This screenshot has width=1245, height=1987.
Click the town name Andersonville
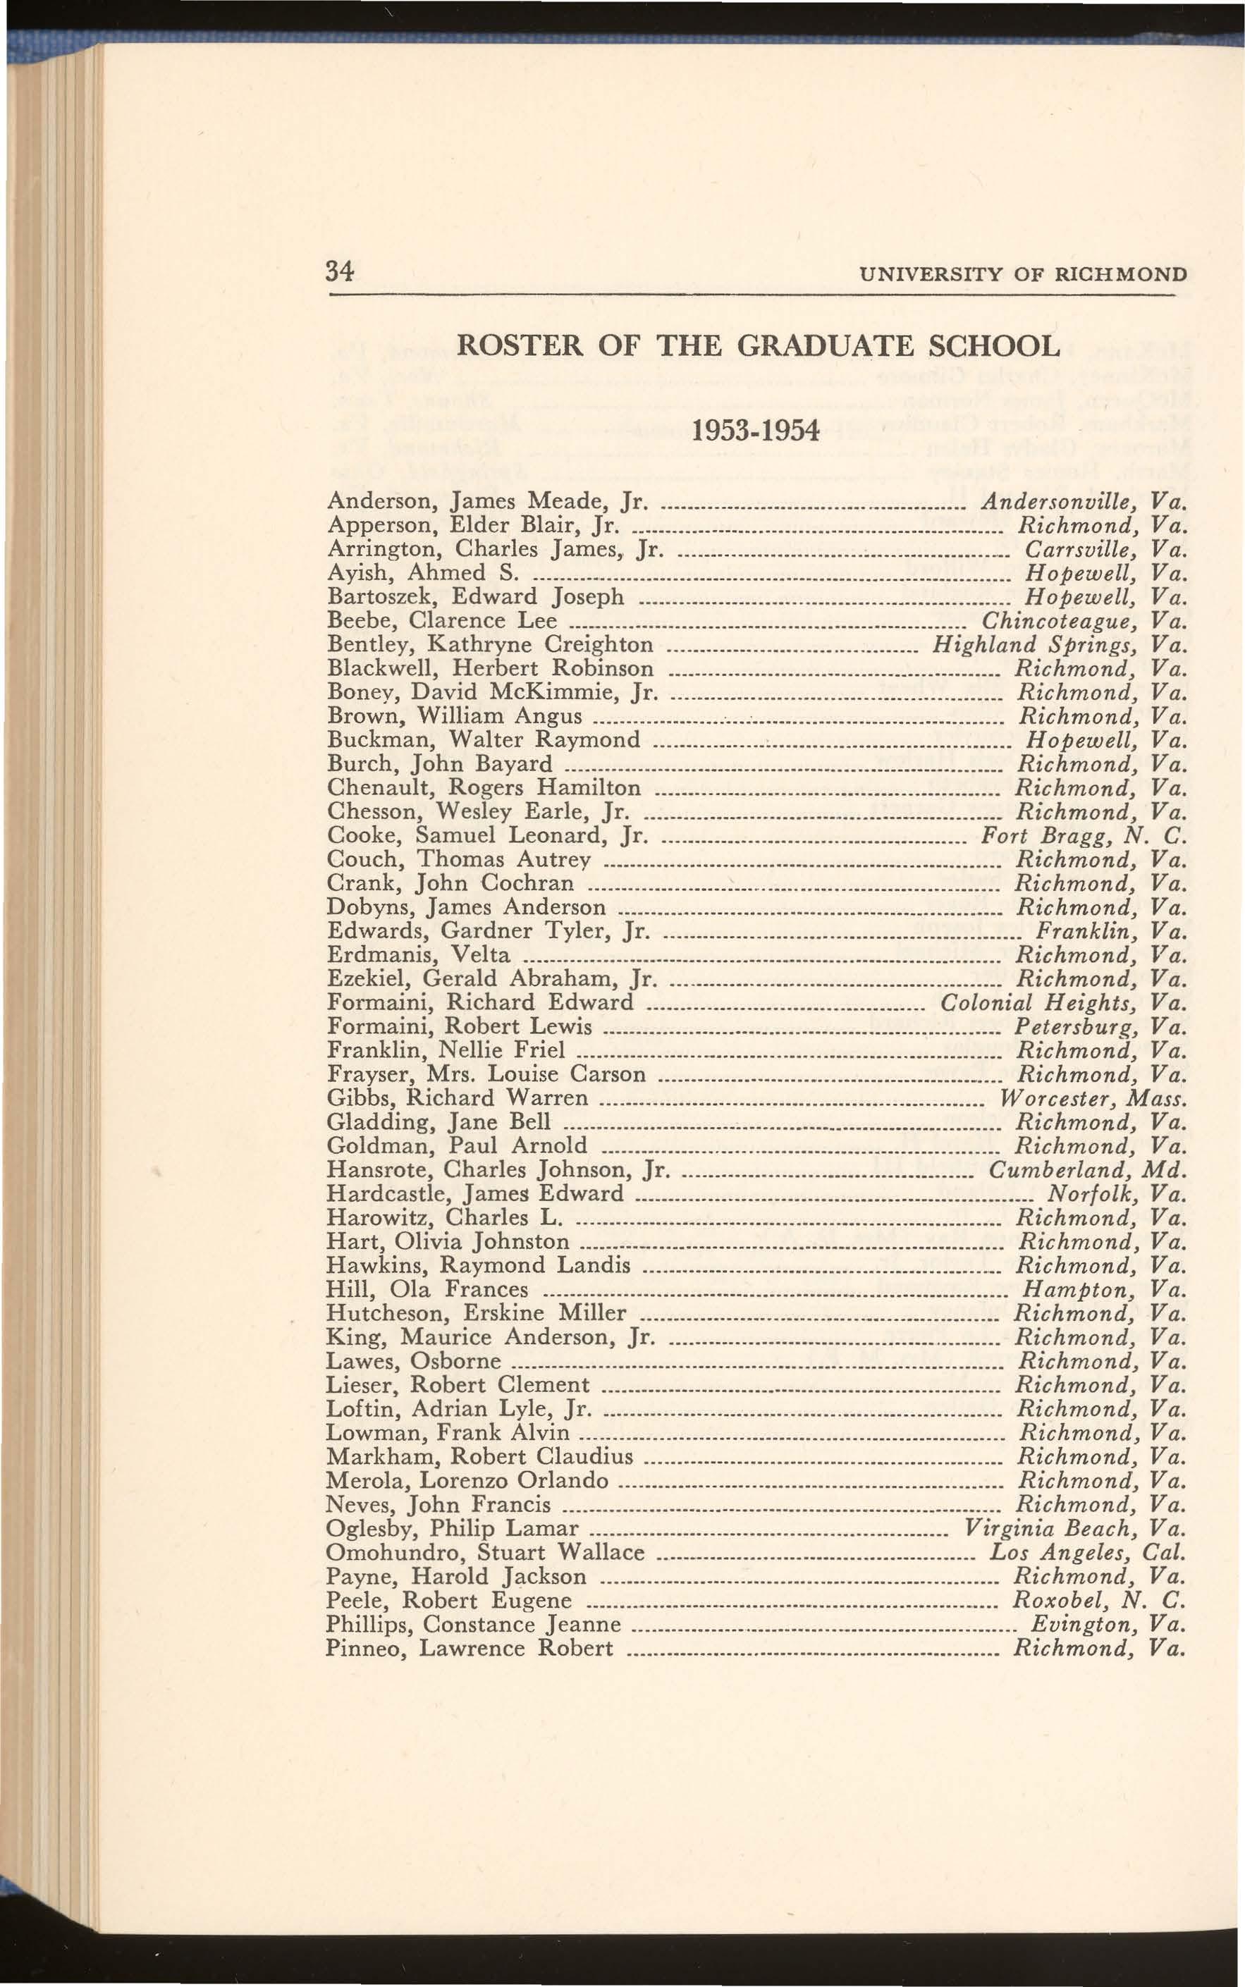(x=1060, y=501)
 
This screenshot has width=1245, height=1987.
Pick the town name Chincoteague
(x=1059, y=620)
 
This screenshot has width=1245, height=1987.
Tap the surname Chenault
(x=374, y=788)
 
